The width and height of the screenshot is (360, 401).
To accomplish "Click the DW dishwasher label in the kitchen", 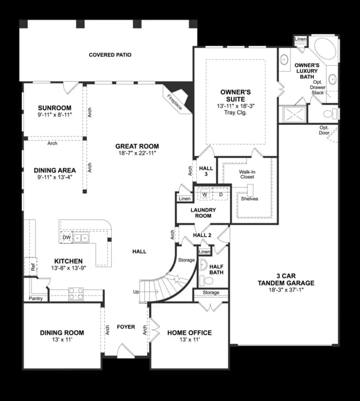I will point(67,238).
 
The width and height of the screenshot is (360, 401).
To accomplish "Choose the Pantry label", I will point(36,299).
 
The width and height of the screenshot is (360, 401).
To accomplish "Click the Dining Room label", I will point(62,332).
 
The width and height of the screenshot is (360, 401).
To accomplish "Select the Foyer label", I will point(126,327).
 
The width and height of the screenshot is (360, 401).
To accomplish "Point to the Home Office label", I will point(189,332).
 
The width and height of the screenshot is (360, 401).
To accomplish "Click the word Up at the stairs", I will point(136,292).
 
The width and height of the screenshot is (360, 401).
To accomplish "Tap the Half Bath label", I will point(216,270).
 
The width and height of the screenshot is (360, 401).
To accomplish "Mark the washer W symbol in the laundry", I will point(204,194).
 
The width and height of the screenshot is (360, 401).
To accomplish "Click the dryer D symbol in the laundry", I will point(220,194).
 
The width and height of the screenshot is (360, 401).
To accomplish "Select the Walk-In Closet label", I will point(247,175).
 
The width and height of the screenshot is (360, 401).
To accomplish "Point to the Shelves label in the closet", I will point(249,198).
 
